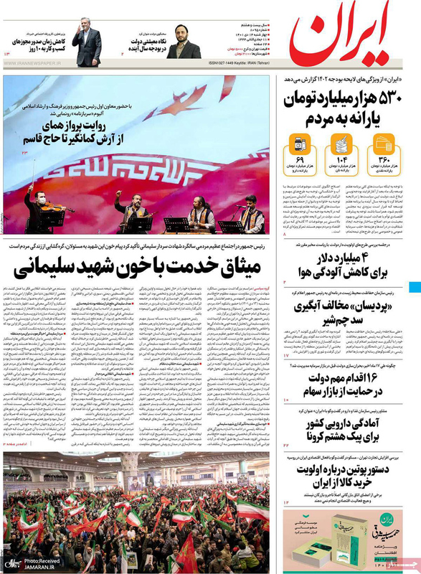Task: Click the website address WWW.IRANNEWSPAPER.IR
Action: coord(33,70)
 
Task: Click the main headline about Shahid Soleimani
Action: coord(144,271)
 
